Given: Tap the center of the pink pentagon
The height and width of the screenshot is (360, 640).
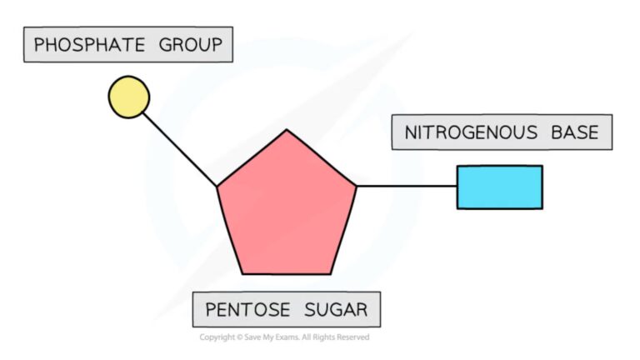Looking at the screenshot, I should tap(287, 208).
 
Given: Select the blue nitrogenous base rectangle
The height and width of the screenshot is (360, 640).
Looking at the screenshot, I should tap(499, 187).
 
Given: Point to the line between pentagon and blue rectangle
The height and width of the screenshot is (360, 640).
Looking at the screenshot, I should tap(406, 186).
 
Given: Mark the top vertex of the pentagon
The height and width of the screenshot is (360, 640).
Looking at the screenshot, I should tap(287, 131).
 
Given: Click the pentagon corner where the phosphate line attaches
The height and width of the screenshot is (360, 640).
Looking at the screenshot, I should tap(218, 186).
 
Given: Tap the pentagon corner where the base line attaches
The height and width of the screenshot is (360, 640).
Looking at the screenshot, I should tap(356, 186).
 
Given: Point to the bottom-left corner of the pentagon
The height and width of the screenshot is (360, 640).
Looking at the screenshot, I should tap(242, 273).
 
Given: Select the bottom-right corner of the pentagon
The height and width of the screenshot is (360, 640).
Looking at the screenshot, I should tap(332, 273).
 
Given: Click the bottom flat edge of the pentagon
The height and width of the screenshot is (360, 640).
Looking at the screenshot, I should tap(287, 273).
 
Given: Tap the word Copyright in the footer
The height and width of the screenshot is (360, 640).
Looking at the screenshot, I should tap(214, 337).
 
